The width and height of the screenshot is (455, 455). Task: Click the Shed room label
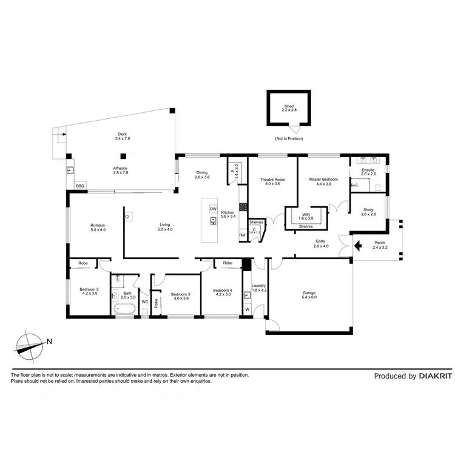pyautogui.click(x=289, y=106)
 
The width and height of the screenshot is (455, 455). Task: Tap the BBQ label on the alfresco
pyautogui.click(x=80, y=186)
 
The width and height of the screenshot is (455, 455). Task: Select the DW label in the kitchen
pyautogui.click(x=213, y=209)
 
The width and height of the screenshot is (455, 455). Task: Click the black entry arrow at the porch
pyautogui.click(x=358, y=246)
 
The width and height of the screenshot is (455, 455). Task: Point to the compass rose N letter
pyautogui.click(x=49, y=341)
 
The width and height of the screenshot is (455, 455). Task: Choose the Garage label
pyautogui.click(x=309, y=293)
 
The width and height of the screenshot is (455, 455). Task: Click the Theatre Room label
pyautogui.click(x=272, y=180)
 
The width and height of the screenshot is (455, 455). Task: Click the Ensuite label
pyautogui.click(x=368, y=170)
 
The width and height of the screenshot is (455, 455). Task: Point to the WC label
pyautogui.click(x=144, y=301)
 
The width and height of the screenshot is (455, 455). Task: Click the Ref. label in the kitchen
pyautogui.click(x=242, y=235)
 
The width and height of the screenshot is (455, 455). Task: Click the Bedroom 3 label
pyautogui.click(x=181, y=294)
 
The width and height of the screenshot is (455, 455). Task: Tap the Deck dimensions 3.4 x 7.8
pyautogui.click(x=123, y=139)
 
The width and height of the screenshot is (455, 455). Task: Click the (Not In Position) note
pyautogui.click(x=289, y=139)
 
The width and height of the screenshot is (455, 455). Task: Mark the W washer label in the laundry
pyautogui.click(x=247, y=309)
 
